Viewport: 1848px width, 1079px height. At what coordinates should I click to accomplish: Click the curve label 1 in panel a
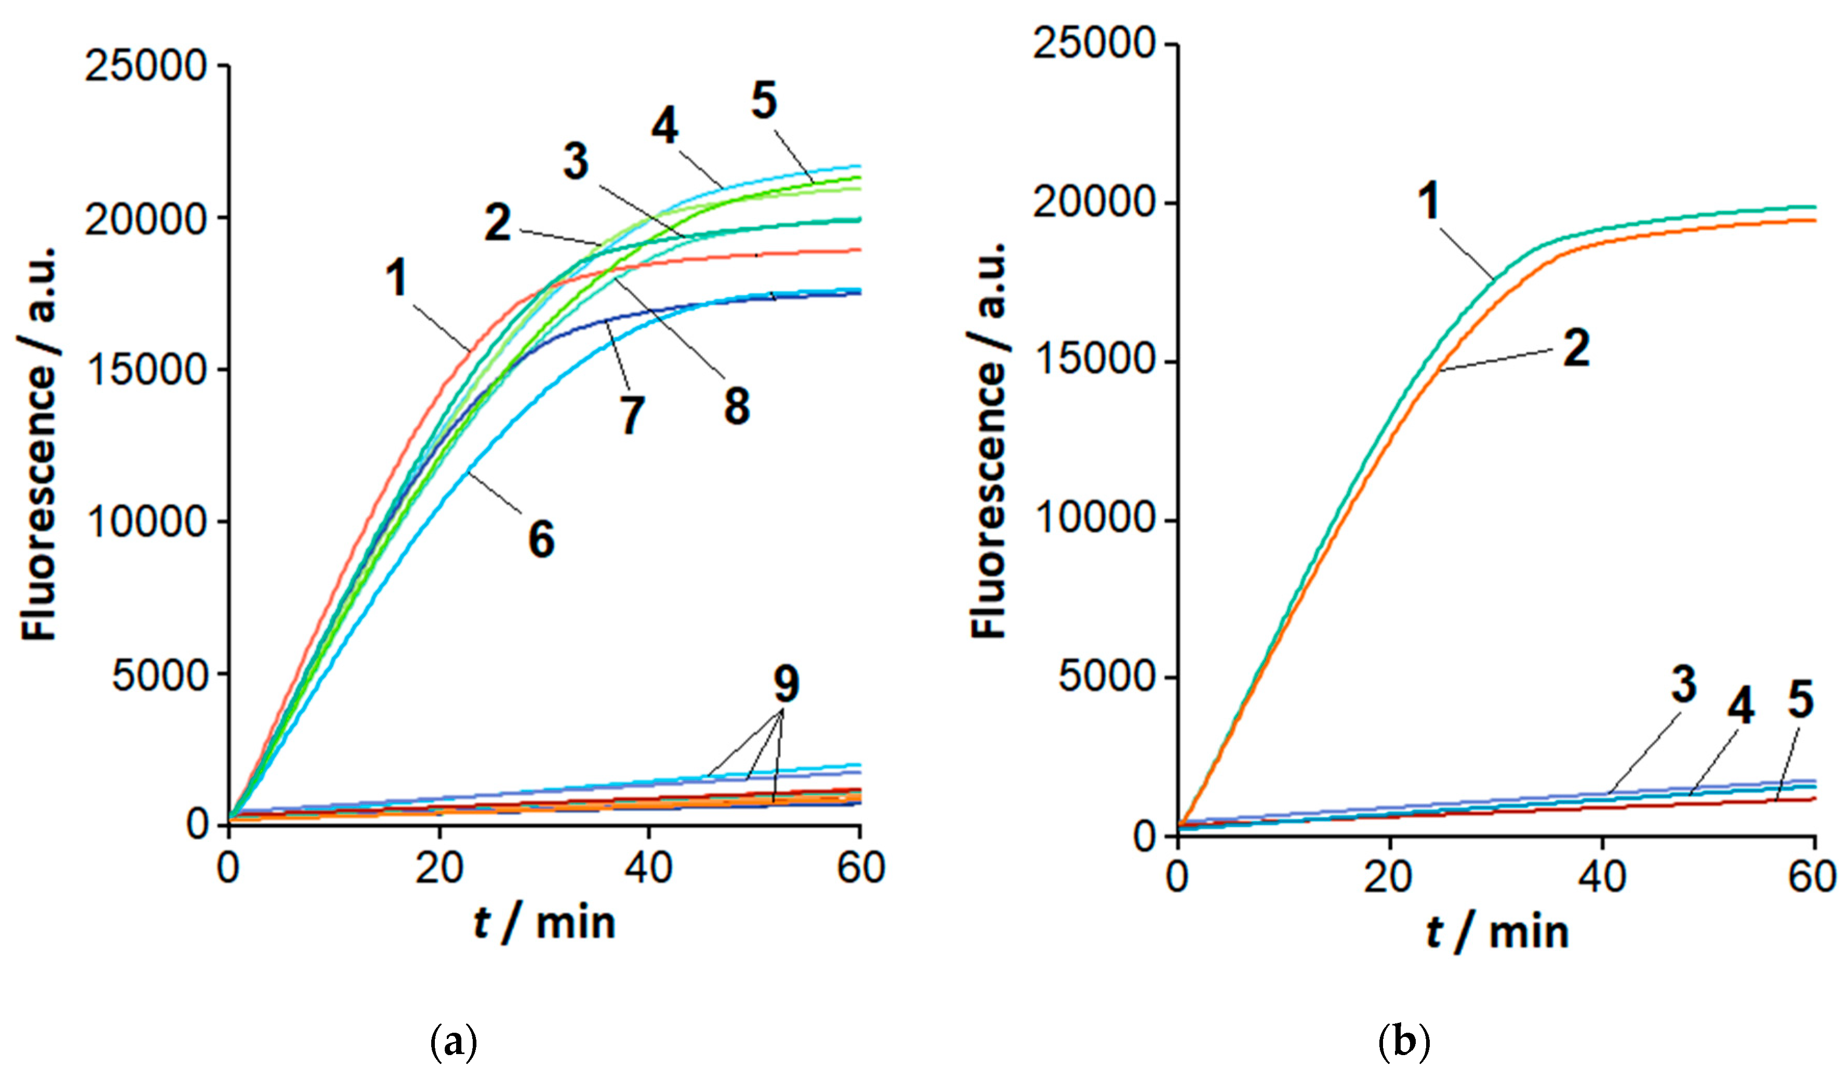point(397,280)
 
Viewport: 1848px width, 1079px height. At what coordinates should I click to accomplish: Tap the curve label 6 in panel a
point(541,540)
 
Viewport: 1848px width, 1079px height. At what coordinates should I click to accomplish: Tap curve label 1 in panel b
point(1428,201)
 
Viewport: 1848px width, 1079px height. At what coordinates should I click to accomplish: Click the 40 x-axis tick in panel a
point(648,869)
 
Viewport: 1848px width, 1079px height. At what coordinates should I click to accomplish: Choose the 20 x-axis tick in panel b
point(1388,877)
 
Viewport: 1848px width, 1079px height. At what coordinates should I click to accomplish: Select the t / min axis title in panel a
point(543,923)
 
